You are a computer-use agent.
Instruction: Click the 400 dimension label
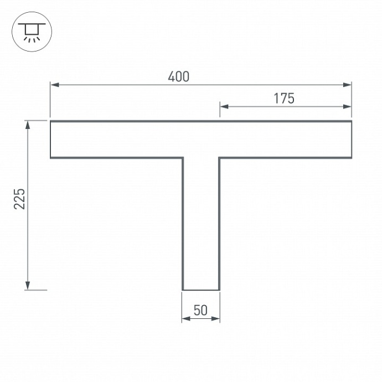point(178,76)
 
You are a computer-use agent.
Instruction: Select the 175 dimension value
point(283,99)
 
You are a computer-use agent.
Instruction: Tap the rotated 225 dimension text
point(19,199)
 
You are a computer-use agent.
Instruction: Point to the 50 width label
point(200,311)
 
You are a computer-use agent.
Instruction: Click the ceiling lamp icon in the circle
point(32,32)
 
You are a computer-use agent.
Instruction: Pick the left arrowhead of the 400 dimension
point(54,85)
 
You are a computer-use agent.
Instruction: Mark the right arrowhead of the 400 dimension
point(348,85)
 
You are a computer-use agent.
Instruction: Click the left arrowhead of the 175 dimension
point(224,106)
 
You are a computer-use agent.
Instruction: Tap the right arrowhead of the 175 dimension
point(348,106)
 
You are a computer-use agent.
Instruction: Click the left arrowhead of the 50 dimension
point(186,319)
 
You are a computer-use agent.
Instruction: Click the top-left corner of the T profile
point(51,121)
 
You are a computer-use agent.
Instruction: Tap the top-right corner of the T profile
point(352,121)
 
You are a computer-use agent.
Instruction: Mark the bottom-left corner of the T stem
point(183,290)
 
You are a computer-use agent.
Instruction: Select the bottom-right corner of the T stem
point(219,290)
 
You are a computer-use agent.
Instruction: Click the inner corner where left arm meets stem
point(183,158)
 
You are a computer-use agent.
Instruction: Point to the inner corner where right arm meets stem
point(219,158)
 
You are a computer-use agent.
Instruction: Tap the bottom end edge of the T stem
point(201,290)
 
